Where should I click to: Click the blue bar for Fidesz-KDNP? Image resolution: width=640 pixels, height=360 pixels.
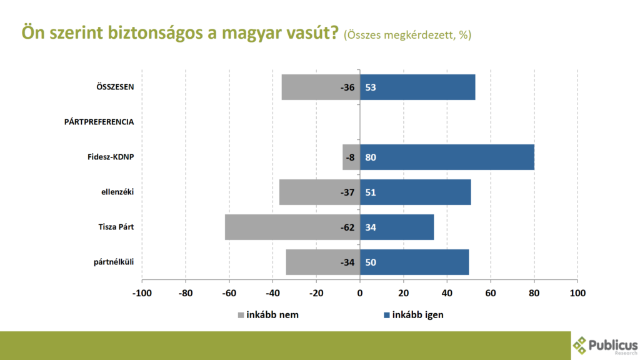pos(447,157)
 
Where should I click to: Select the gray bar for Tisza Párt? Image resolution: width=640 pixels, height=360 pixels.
pos(292,227)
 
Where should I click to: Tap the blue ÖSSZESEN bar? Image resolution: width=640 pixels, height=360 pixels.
pos(417,87)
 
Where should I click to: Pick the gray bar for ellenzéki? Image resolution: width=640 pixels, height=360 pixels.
pos(319,192)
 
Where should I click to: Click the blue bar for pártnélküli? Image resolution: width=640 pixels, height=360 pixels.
pos(414,262)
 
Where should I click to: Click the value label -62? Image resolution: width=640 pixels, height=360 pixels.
pos(347,227)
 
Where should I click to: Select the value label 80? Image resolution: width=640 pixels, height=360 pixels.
pos(371,157)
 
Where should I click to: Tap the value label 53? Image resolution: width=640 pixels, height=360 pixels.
pos(371,87)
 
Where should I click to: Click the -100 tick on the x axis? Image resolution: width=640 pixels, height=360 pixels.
pos(142,292)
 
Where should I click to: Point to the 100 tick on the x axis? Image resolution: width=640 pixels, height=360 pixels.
pos(577,292)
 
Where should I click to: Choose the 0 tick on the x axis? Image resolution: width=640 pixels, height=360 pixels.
pos(360,292)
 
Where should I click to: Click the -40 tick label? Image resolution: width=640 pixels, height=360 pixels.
pos(272,292)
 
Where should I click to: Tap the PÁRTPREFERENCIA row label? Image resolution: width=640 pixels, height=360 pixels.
pos(99,122)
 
